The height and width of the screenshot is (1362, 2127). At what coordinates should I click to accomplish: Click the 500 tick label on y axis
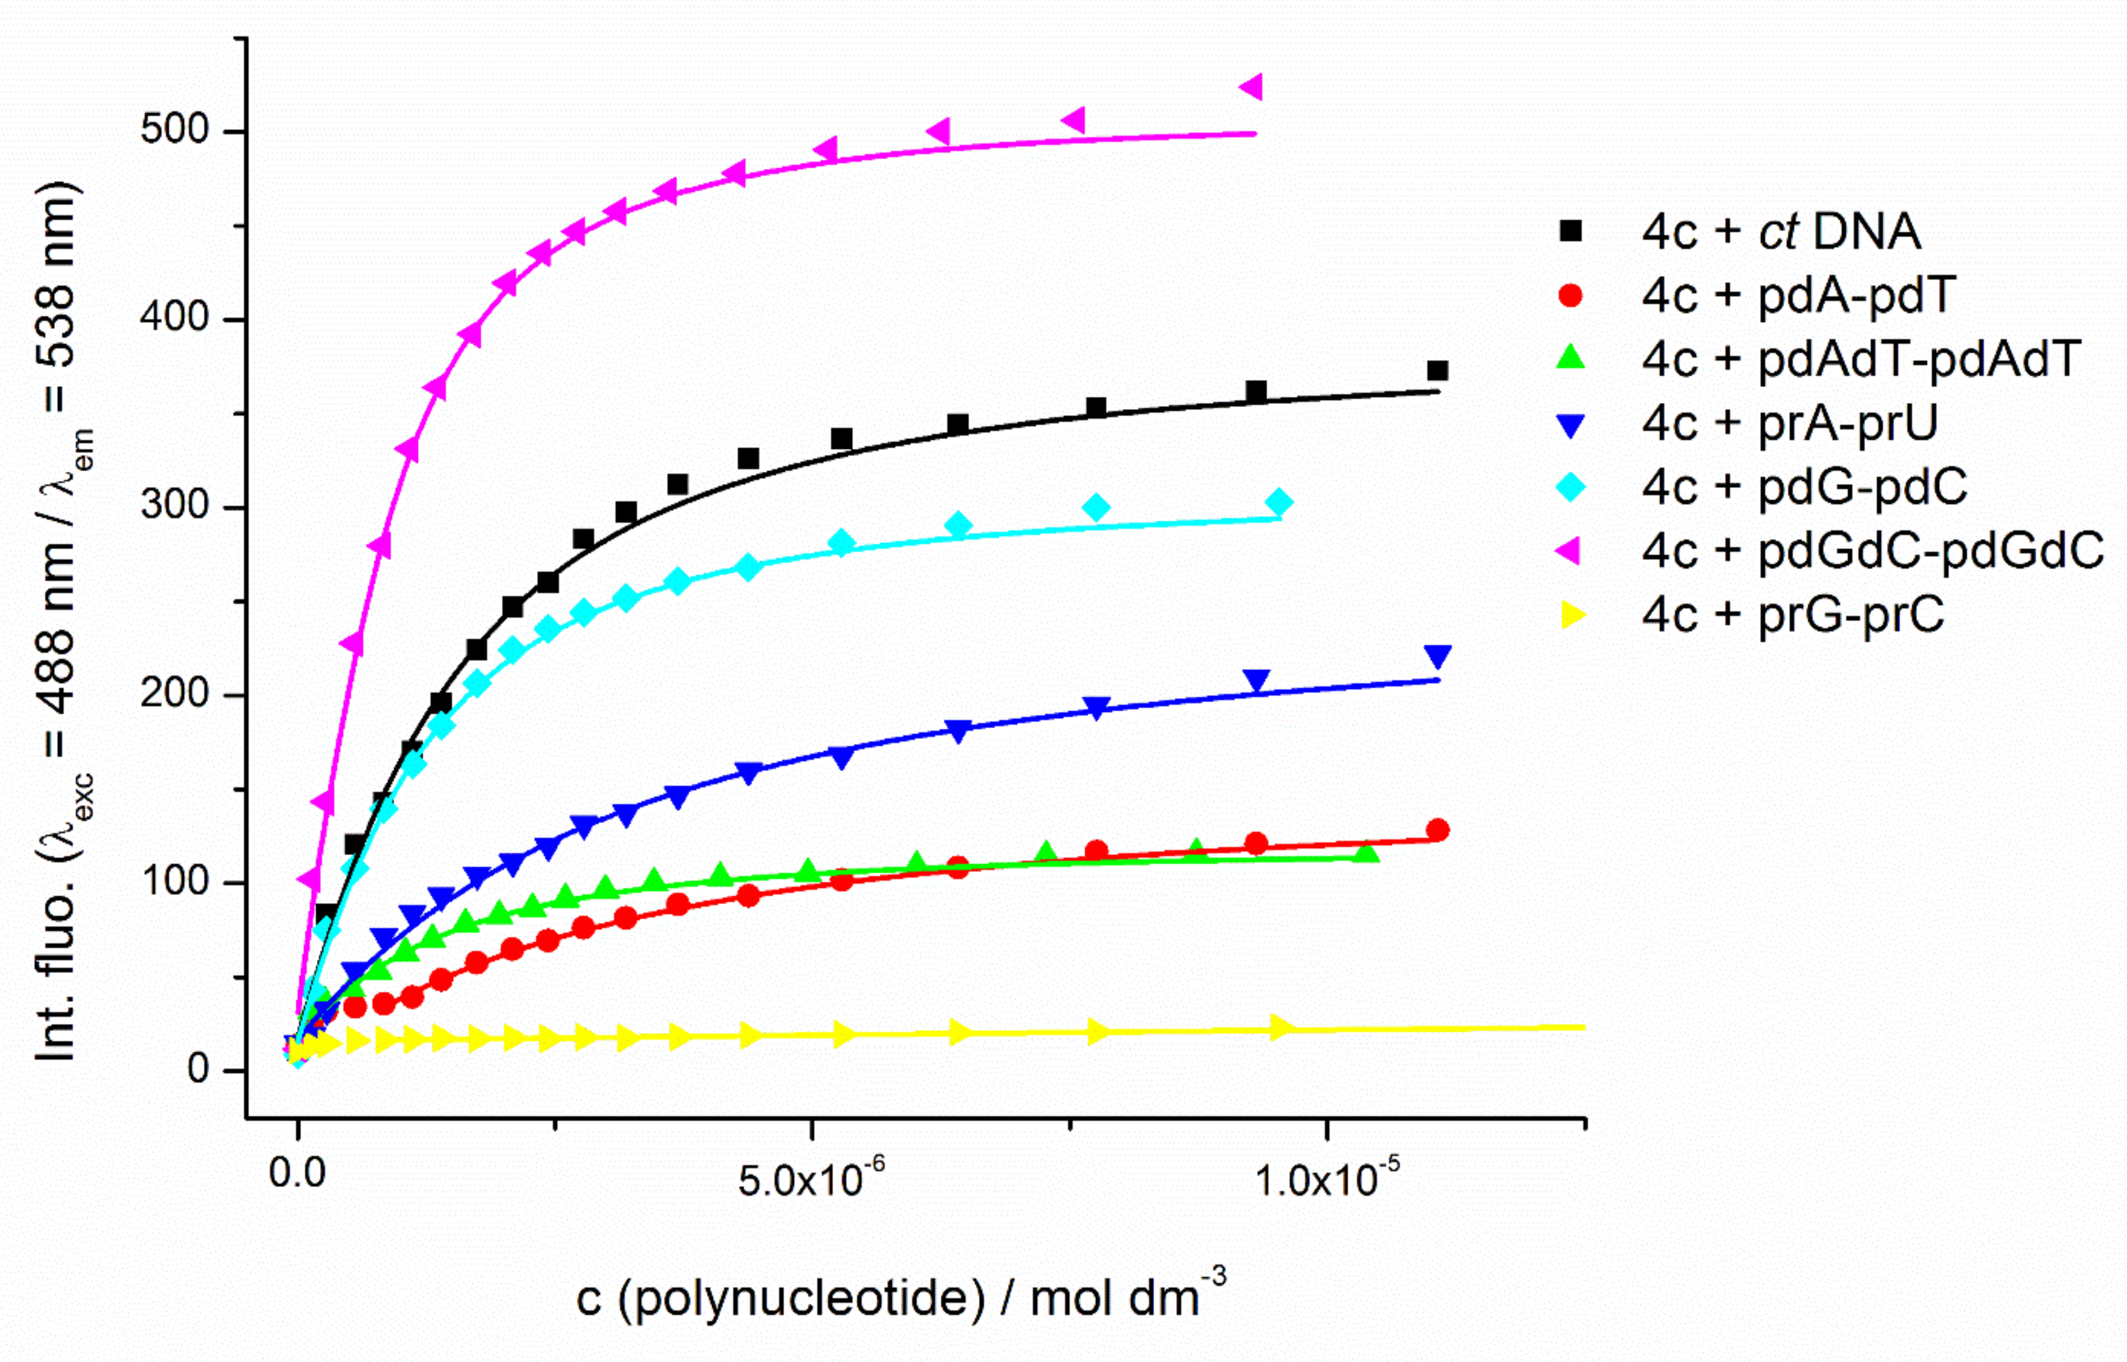click(174, 130)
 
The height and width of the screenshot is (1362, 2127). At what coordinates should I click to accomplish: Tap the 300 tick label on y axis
click(174, 507)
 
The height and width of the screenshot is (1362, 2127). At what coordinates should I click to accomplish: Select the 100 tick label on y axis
click(174, 882)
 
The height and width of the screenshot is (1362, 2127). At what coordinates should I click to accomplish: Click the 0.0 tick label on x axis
click(297, 1174)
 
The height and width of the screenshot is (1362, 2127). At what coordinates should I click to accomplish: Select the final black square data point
click(1437, 371)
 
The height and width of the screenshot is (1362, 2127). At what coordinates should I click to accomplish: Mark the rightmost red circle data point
click(1437, 830)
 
